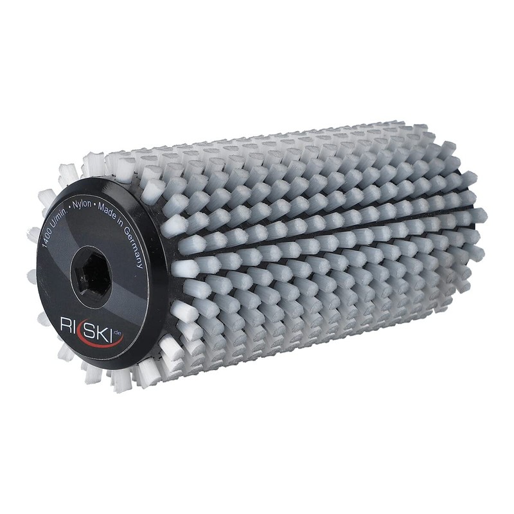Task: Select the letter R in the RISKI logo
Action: click(66, 324)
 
